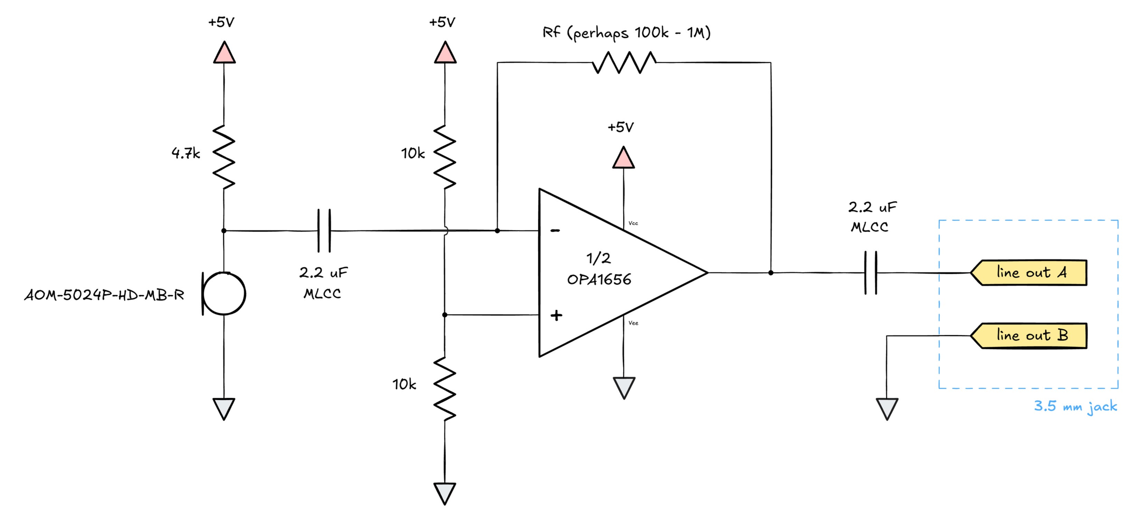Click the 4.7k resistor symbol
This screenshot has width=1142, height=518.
224,157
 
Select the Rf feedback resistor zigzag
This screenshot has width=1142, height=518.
624,63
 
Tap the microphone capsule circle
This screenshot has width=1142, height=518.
224,293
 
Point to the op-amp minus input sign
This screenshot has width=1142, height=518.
555,230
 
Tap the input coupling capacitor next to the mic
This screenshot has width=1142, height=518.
324,230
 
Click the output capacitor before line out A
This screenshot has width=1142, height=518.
871,272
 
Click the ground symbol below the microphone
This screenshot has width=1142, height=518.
224,409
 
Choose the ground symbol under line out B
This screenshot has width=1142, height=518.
887,409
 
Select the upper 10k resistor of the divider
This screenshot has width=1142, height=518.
445,157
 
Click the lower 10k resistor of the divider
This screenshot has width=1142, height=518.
445,388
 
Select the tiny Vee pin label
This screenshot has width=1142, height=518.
633,323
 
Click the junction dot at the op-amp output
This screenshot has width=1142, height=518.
771,272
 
